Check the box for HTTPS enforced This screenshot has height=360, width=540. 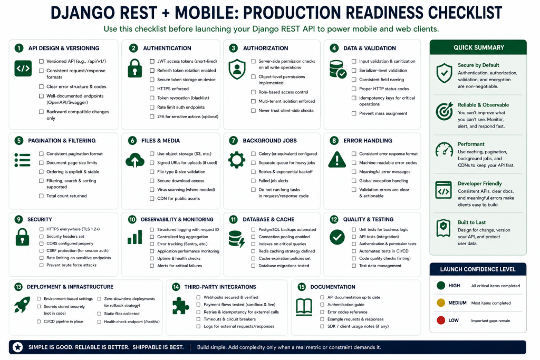152,89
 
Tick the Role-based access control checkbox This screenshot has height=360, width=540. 253,92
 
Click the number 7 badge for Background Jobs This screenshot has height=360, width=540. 234,140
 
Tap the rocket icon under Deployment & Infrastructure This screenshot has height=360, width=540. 22,305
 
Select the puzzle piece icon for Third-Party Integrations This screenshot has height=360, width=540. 180,306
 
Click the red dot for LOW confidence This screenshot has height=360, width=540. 441,320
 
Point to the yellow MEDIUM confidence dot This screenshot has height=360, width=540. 441,303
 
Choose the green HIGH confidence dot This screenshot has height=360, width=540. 441,285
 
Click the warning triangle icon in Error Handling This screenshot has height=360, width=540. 337,160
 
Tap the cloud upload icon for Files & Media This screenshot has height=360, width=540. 135,160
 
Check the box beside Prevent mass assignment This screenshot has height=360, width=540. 354,113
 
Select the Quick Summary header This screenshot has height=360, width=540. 478,47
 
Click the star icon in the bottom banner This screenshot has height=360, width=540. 17,347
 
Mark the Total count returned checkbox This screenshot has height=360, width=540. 41,196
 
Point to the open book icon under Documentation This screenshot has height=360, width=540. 304,307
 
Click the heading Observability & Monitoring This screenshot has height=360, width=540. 177,220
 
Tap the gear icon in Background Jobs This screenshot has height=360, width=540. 237,160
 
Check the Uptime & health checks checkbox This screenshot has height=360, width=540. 152,258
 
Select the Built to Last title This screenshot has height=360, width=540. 471,222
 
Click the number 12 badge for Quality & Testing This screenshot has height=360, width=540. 334,220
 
